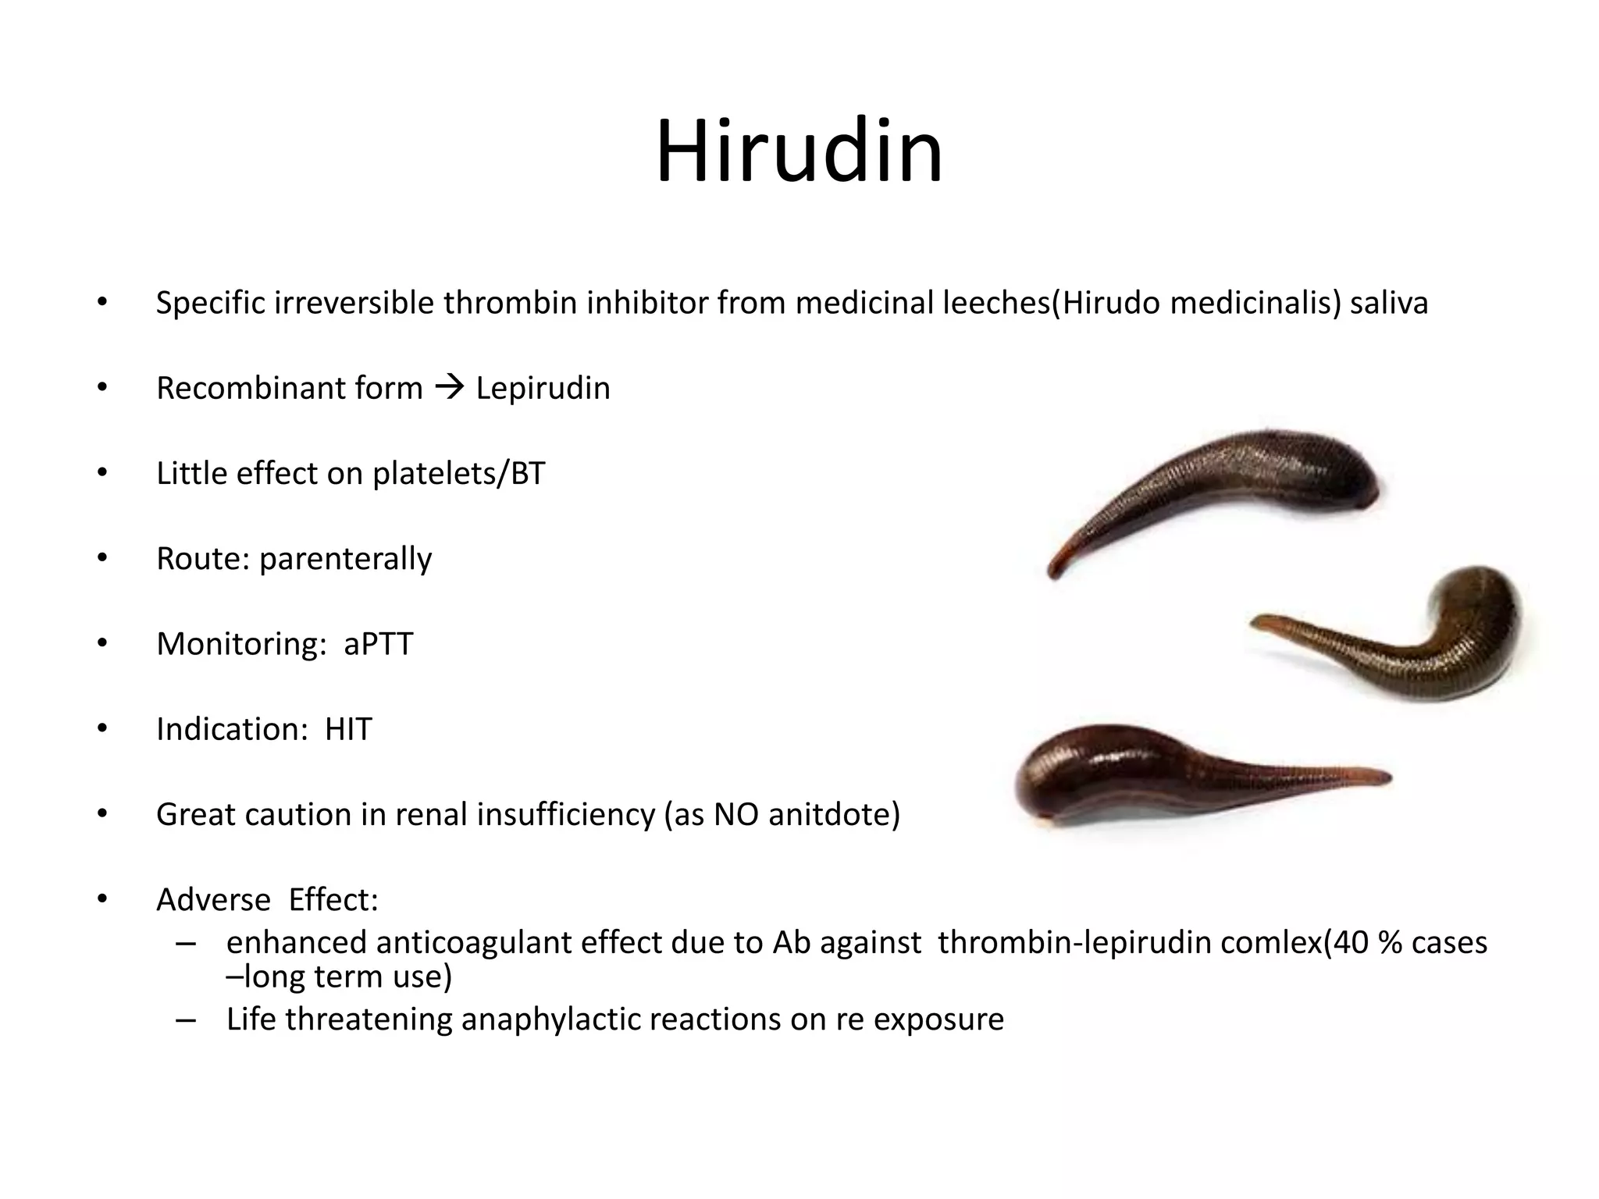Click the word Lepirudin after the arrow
(x=543, y=388)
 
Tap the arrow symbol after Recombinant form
(x=449, y=386)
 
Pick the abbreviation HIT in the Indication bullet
(x=348, y=729)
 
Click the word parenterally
(x=345, y=560)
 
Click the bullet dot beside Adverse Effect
(x=101, y=899)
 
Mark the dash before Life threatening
(x=186, y=1019)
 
